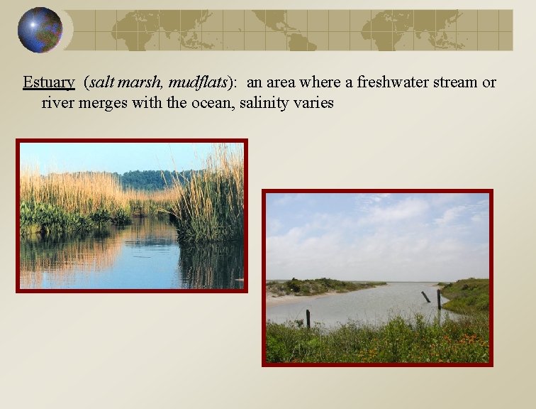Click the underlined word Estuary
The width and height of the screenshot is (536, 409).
coord(48,82)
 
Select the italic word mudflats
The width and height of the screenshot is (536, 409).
coord(198,82)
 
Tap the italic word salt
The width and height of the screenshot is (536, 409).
coord(101,82)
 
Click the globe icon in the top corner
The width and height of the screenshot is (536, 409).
coord(40,30)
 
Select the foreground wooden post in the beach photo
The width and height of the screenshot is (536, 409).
coord(308,318)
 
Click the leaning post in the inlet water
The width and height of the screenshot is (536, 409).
coord(425,297)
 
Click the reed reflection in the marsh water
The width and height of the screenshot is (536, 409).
coord(206,263)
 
